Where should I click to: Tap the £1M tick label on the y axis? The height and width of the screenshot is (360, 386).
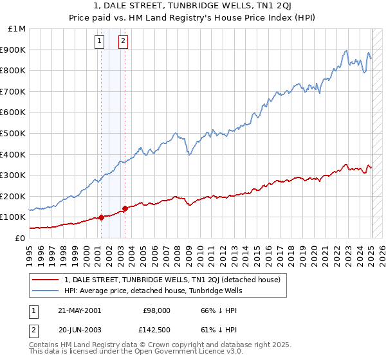(x=17, y=29)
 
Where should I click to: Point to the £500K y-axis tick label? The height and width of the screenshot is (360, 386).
(x=14, y=133)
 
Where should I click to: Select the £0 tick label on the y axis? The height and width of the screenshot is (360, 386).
(x=20, y=238)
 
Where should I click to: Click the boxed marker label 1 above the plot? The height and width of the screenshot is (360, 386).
(x=100, y=42)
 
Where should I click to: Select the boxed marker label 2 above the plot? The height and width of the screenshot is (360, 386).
(x=123, y=42)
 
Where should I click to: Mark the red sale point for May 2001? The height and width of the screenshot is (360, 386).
(x=102, y=217)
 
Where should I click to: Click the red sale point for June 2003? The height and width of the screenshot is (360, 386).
(x=125, y=208)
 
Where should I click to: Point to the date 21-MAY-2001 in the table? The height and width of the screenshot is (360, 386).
(x=80, y=310)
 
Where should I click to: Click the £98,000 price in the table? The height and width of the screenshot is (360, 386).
(x=157, y=310)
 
